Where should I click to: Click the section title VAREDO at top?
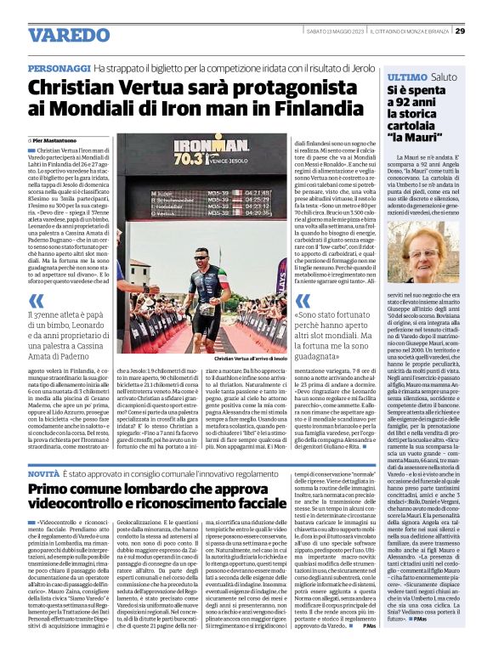[64, 35]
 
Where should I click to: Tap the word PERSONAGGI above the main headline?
[59, 66]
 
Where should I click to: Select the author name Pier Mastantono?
[58, 139]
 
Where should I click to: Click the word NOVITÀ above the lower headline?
[44, 472]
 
